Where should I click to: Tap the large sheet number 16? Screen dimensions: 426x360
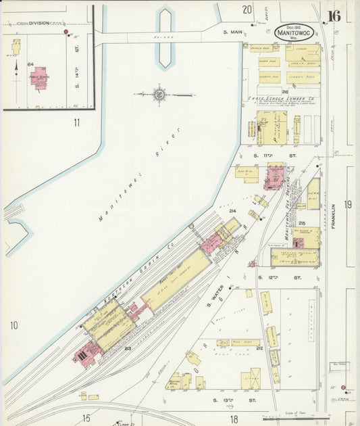334,16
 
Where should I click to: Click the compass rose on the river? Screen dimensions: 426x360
160,94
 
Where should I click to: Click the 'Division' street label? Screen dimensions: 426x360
38,23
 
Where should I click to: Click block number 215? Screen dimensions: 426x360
302,223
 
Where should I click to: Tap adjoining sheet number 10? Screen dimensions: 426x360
14,326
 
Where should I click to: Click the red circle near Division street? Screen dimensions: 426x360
66,32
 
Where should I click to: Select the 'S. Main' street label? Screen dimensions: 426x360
233,32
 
